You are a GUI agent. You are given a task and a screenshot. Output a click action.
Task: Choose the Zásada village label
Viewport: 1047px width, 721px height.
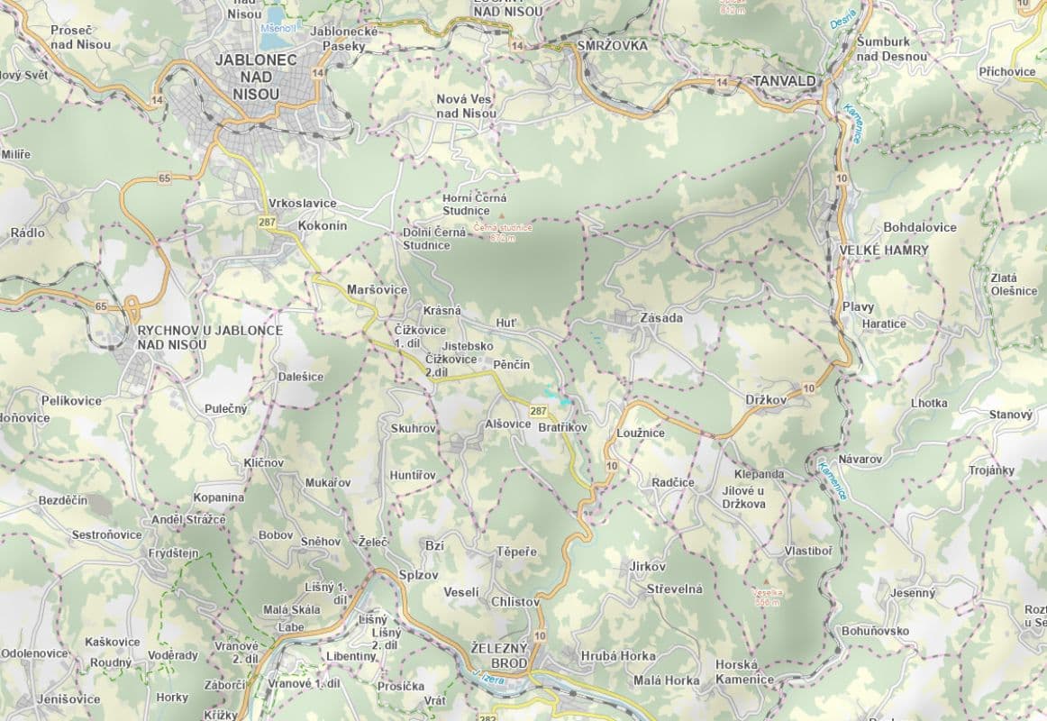660,318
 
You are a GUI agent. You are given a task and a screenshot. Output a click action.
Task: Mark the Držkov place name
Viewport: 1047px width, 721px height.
766,398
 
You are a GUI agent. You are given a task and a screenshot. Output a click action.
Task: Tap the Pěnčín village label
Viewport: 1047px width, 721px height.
511,365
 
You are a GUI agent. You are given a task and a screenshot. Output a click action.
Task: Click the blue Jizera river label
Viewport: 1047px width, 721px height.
487,674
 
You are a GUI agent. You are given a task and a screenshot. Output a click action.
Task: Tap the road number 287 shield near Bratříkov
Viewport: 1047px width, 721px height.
538,411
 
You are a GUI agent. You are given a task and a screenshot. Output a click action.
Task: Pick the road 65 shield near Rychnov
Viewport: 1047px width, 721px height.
101,307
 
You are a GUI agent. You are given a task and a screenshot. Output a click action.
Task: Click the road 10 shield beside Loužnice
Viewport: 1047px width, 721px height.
612,465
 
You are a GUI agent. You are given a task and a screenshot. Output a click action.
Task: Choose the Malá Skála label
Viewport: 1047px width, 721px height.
291,610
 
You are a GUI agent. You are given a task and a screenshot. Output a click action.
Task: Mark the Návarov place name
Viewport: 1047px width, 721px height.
859,459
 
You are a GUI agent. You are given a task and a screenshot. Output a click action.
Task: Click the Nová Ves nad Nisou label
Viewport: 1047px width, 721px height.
466,105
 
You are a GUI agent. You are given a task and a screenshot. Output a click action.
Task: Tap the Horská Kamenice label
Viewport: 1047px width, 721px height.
743,671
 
